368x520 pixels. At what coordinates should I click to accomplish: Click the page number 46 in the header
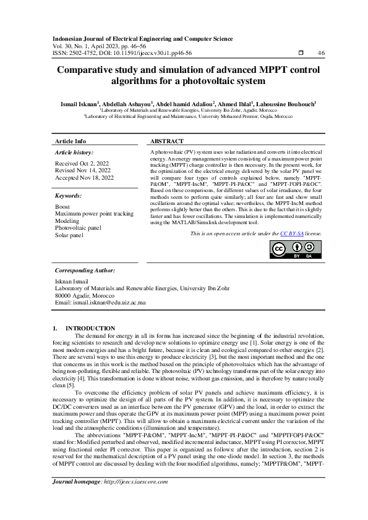pos(321,53)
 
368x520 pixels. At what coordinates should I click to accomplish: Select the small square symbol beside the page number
pos(301,53)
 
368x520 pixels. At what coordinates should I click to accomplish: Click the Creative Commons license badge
pos(292,249)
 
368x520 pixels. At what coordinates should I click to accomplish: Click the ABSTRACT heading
pos(167,141)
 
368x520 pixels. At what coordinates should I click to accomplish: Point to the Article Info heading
pos(71,141)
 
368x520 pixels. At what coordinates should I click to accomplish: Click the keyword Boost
pos(62,190)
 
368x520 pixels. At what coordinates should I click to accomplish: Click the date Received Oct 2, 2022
pos(83,163)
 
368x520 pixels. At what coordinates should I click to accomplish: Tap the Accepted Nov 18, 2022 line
pos(85,177)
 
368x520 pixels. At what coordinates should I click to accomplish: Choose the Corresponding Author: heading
pos(84,270)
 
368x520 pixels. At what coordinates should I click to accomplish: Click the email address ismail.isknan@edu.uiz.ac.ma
pos(100,303)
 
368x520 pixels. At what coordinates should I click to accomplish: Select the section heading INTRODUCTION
pos(90,328)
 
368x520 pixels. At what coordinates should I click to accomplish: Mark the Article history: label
pos(74,151)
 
